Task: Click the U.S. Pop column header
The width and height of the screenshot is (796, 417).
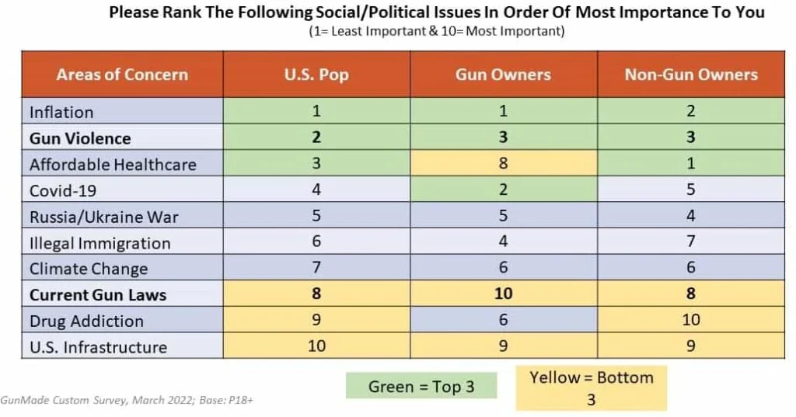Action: click(x=316, y=75)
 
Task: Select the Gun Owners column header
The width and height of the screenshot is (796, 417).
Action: click(x=503, y=75)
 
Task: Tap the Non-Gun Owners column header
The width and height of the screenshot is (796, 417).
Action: click(x=690, y=75)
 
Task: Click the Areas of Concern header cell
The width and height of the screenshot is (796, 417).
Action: click(x=122, y=75)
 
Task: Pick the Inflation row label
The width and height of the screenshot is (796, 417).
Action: click(x=61, y=112)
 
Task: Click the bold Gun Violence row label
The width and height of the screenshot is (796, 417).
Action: click(x=80, y=138)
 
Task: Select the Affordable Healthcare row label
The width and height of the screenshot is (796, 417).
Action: click(x=113, y=165)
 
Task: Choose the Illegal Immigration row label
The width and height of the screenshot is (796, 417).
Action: click(x=99, y=243)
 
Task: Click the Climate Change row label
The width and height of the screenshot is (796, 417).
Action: click(x=89, y=269)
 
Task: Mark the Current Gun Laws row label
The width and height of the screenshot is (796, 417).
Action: click(x=98, y=295)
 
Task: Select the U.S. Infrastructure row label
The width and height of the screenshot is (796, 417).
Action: click(x=98, y=347)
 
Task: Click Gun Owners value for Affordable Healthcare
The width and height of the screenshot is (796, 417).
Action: click(x=503, y=164)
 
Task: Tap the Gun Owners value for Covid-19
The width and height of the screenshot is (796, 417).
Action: click(x=503, y=190)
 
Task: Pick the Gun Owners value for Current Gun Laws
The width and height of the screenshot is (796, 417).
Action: click(x=503, y=295)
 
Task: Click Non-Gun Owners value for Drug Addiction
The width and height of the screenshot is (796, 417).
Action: click(x=690, y=320)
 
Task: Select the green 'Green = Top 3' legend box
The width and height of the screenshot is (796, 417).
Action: click(x=421, y=386)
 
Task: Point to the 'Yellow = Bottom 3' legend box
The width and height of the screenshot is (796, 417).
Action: click(x=591, y=388)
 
